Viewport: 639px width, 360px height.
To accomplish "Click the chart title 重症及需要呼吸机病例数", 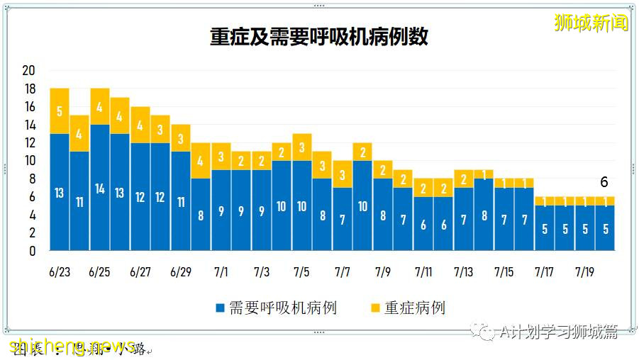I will click(319, 37).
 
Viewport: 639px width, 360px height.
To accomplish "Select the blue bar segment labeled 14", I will click(100, 188).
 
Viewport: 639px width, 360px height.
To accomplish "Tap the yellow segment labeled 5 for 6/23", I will click(60, 111).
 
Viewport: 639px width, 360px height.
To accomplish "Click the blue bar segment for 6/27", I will click(140, 196).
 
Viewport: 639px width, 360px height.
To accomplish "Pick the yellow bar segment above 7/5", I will click(302, 147).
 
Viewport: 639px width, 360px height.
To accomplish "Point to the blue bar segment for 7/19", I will click(584, 228).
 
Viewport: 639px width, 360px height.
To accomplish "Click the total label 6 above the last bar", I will click(604, 182).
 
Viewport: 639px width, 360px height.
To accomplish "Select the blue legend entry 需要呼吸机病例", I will click(276, 308).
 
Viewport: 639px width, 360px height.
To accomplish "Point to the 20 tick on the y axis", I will click(29, 71).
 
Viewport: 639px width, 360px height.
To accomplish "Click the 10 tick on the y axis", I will click(29, 161).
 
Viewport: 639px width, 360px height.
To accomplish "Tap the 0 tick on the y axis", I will click(32, 251).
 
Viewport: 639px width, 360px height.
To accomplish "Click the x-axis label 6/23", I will click(60, 272).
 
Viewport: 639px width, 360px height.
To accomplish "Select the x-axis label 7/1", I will click(221, 272).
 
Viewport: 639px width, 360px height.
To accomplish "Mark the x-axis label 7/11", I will click(423, 272).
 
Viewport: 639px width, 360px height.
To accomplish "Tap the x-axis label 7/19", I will click(584, 272).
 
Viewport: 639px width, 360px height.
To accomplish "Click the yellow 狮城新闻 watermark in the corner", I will click(591, 23).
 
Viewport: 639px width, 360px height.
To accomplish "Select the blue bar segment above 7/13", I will click(464, 219).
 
